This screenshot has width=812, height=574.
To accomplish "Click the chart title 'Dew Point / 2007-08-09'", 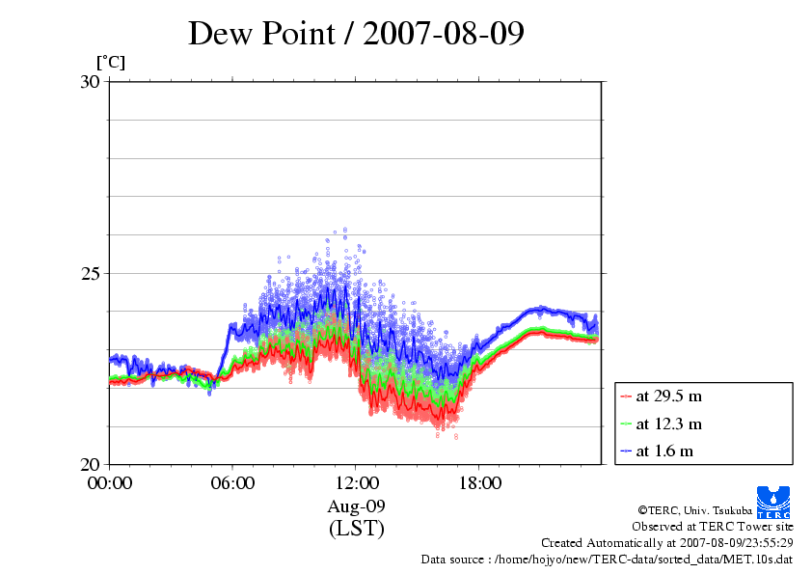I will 356,33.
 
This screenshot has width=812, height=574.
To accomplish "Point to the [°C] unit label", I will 111,63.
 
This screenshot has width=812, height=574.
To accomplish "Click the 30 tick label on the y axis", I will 90,82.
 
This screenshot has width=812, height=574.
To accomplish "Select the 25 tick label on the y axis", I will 90,273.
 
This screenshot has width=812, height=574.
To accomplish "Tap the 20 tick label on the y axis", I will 90,464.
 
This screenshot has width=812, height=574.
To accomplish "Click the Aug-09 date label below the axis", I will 356,506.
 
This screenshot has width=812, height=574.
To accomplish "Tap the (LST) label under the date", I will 356,529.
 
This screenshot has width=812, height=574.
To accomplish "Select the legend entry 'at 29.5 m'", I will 668,396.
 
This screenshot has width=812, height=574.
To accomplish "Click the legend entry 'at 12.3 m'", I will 668,424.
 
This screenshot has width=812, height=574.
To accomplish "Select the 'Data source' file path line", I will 607,559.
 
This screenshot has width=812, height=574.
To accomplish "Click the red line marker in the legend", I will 626,396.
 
